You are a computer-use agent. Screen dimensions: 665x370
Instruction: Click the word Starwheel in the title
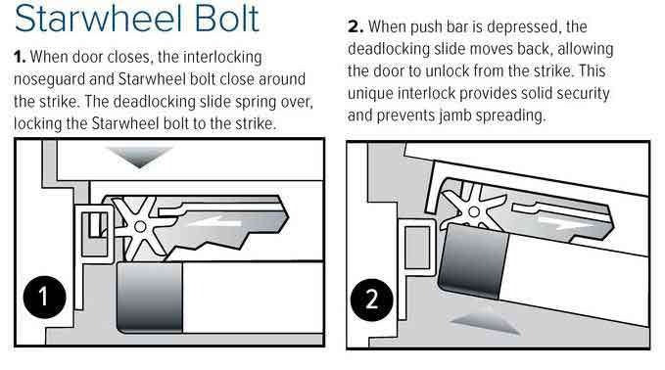pyautogui.click(x=99, y=18)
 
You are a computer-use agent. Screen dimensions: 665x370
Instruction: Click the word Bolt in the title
pyautogui.click(x=227, y=18)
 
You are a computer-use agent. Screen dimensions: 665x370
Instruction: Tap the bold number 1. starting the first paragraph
pyautogui.click(x=20, y=57)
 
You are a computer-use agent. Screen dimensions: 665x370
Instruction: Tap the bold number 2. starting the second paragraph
pyautogui.click(x=356, y=26)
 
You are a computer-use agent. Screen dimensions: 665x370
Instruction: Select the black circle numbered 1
pyautogui.click(x=44, y=297)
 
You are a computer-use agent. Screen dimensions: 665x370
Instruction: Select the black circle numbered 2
pyautogui.click(x=372, y=300)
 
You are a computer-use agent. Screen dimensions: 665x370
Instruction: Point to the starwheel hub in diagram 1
pyautogui.click(x=140, y=227)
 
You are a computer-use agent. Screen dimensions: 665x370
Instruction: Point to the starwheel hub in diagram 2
pyautogui.click(x=474, y=211)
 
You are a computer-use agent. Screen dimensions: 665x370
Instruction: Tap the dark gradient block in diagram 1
pyautogui.click(x=149, y=298)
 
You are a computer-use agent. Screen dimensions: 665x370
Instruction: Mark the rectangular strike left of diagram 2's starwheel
pyautogui.click(x=418, y=248)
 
